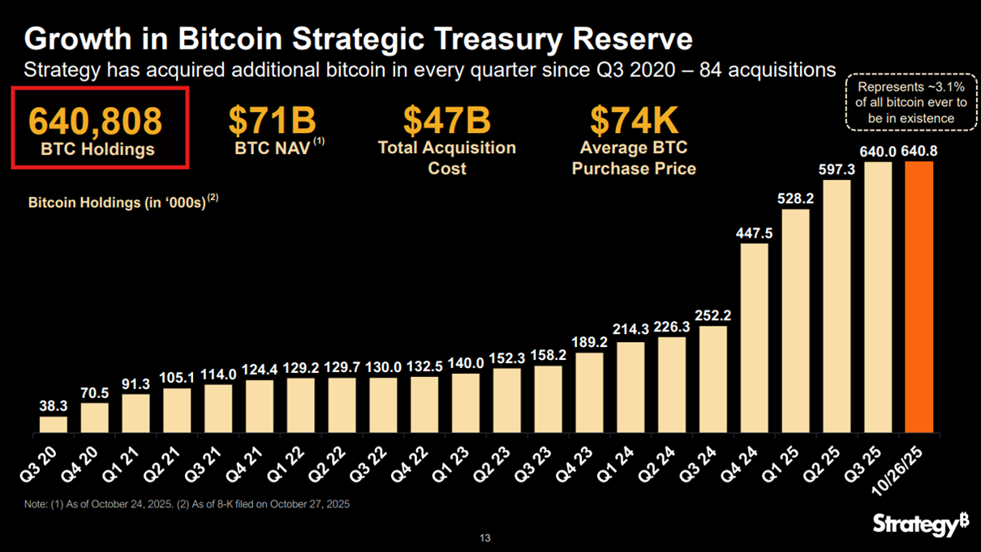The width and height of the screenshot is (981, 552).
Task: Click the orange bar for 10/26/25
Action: click(919, 297)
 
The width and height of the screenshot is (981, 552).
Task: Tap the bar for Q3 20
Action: click(54, 424)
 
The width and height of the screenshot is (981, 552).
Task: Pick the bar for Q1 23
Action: click(466, 402)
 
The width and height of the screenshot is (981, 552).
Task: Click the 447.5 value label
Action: click(754, 233)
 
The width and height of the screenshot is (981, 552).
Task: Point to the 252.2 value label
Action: click(713, 315)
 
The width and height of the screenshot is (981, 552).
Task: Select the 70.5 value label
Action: click(94, 393)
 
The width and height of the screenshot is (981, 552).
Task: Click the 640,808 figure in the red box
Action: click(96, 120)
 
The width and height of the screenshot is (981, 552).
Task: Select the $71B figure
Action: click(272, 120)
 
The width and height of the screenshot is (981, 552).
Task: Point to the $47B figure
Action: click(447, 120)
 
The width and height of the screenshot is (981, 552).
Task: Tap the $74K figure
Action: click(634, 120)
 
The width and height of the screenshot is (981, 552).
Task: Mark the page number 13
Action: click(485, 538)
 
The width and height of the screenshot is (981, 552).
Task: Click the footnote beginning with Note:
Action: click(187, 504)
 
